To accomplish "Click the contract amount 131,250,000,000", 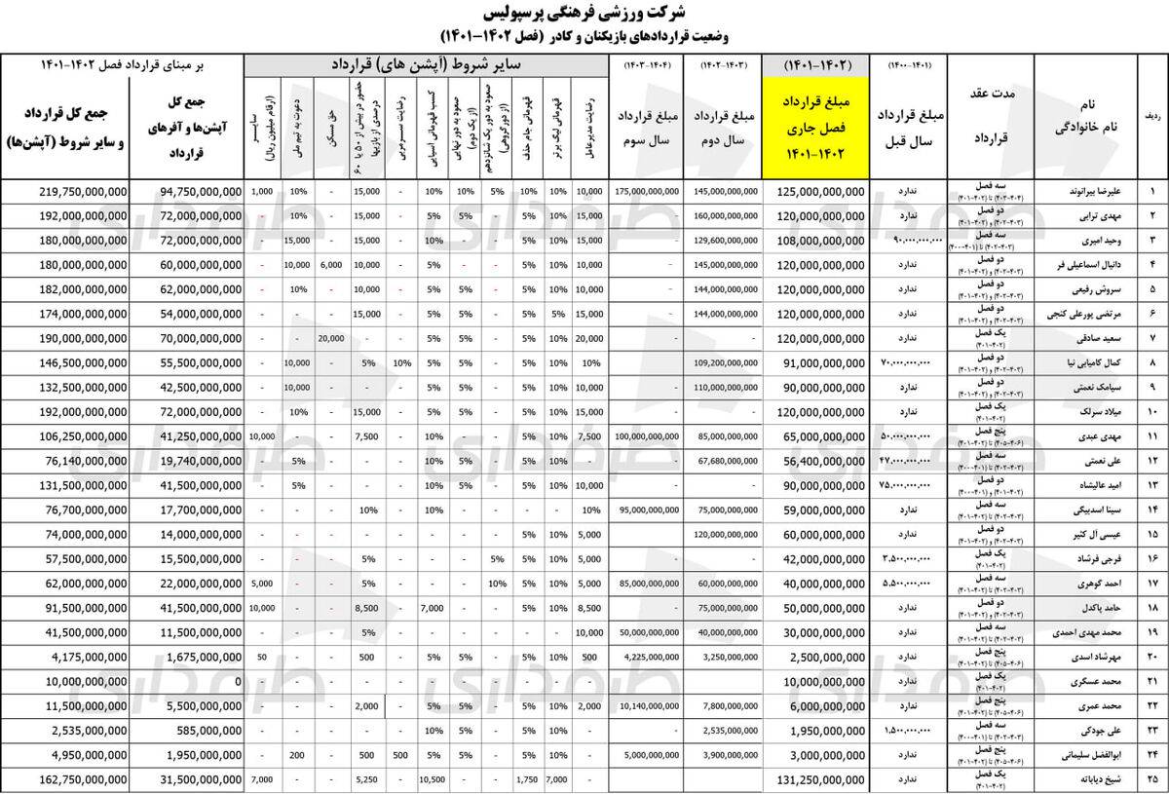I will point(820,780).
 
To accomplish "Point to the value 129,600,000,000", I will point(727,241).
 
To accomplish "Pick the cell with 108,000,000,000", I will point(820,241).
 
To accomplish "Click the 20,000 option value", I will point(331,339).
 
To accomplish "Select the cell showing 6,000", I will point(331,265).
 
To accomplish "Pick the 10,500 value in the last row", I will point(431,780).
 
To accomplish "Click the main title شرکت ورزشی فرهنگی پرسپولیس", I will point(584,15).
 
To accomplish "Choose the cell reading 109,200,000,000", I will point(727,363).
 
